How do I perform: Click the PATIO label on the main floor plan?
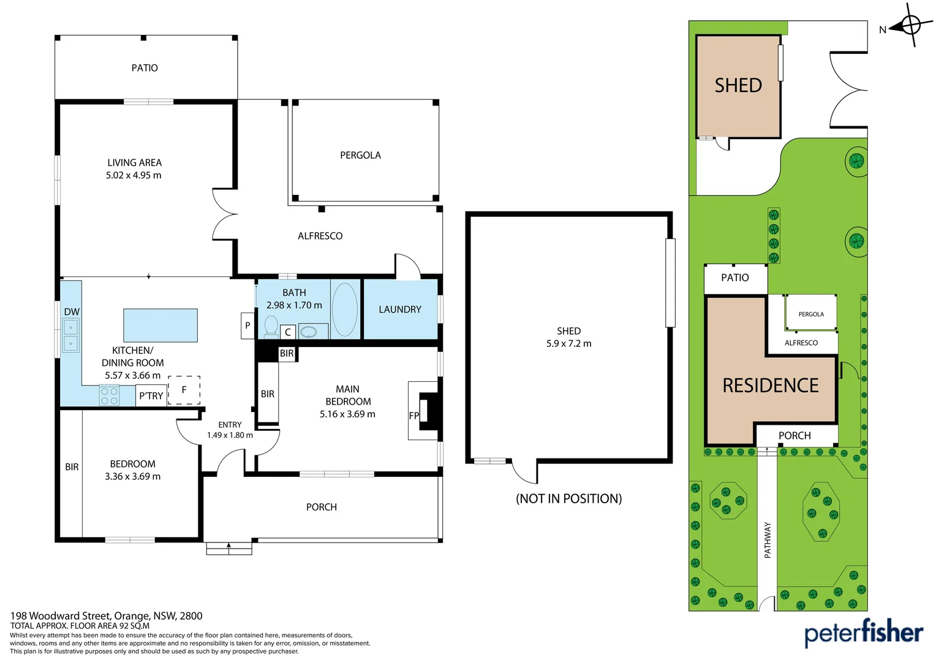click(x=145, y=68)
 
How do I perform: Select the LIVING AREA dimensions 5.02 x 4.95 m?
click(x=134, y=175)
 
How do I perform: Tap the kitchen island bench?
click(x=160, y=325)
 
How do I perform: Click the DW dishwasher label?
click(x=72, y=312)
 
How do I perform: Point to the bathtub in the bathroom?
click(x=345, y=310)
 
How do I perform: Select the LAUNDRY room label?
click(x=400, y=310)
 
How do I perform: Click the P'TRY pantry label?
click(x=151, y=396)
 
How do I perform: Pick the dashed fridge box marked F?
click(x=184, y=390)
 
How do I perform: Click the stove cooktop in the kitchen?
click(x=109, y=396)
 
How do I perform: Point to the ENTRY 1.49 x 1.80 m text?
click(x=230, y=430)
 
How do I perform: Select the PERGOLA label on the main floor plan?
click(x=360, y=156)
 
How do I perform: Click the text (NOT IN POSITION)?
click(x=568, y=499)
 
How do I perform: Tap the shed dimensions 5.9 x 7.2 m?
click(x=568, y=344)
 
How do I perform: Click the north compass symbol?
click(x=910, y=26)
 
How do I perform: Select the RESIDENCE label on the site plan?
click(x=770, y=386)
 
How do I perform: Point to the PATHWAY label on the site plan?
click(x=768, y=539)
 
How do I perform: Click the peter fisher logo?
click(x=863, y=633)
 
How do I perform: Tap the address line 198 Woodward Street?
click(x=106, y=616)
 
